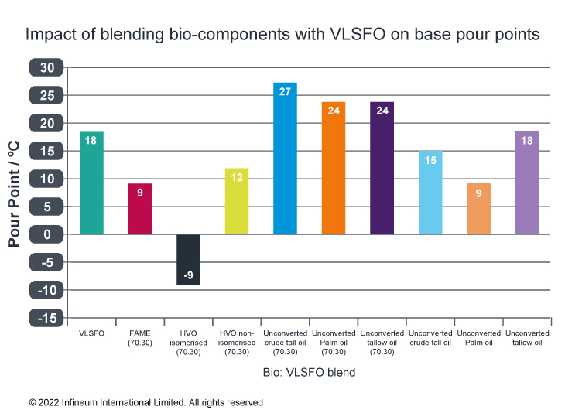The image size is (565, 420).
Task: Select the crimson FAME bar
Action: pos(140,209)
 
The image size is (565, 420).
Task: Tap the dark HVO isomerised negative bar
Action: pos(188,259)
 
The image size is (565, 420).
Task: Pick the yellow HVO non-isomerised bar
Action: pos(237,201)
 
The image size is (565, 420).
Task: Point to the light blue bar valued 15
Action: pos(430,193)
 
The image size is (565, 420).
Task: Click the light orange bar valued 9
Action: pos(479,209)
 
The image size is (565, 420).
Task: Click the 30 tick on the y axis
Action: pos(47,68)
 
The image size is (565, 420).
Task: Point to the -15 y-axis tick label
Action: pos(47,318)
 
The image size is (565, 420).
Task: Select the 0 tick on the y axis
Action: pos(47,234)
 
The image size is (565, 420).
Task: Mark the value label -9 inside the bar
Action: pos(188,275)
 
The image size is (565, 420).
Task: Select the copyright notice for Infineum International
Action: pos(146,402)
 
